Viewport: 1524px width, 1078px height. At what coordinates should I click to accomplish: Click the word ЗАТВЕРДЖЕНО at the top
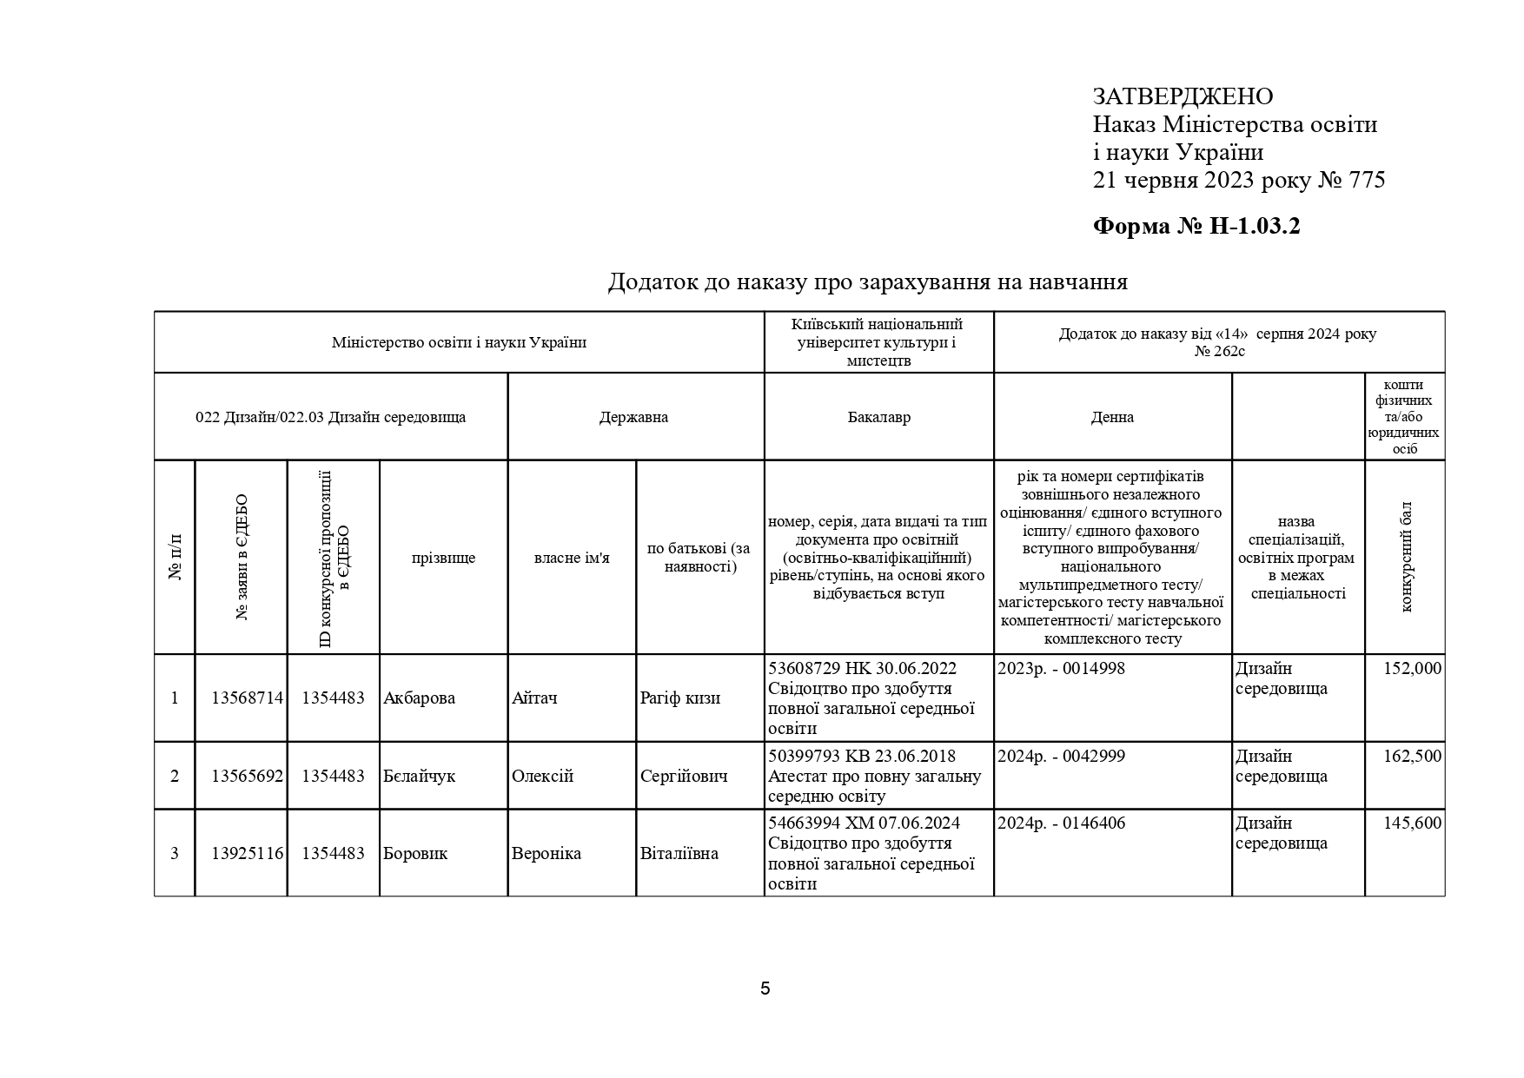[x=1183, y=96]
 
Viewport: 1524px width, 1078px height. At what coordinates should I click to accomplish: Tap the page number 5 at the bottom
[x=765, y=989]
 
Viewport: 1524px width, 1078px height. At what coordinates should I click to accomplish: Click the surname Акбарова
[x=419, y=698]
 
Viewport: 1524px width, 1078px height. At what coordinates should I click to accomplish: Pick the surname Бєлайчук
[x=419, y=777]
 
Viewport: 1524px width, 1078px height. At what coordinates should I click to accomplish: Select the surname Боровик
[x=415, y=854]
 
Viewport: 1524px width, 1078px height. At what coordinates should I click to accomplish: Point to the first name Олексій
[x=542, y=777]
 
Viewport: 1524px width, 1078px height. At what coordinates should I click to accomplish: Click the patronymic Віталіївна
[x=679, y=854]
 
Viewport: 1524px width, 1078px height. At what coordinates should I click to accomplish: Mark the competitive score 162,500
[x=1412, y=757]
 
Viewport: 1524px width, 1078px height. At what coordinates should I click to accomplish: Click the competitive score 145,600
[x=1412, y=823]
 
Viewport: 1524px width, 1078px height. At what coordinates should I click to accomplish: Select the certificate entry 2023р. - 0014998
[x=1061, y=669]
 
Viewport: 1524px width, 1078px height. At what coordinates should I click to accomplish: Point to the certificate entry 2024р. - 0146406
[x=1061, y=823]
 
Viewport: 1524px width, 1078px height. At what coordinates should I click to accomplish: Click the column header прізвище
[x=443, y=558]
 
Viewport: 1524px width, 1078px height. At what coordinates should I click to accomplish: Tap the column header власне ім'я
[x=572, y=558]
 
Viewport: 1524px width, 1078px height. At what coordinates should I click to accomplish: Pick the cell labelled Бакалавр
[x=878, y=417]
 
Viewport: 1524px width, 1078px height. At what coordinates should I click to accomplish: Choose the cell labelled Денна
[x=1112, y=417]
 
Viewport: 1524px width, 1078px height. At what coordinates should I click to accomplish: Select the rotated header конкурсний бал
[x=1406, y=557]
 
